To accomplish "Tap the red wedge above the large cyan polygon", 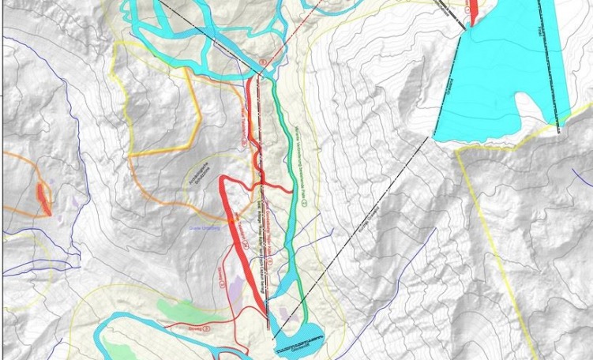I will coord(475,10).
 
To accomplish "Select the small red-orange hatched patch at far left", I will coord(43,197).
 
